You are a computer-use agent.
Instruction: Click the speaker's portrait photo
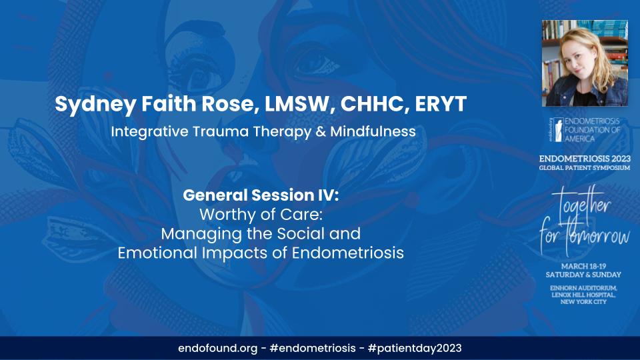[585, 63]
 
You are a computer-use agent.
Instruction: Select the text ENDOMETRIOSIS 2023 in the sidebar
[585, 159]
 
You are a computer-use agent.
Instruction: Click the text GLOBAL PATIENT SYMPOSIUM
[585, 168]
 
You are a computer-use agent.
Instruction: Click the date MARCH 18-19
[585, 265]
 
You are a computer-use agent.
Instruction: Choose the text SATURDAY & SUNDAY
[585, 274]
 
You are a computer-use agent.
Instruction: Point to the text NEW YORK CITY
[585, 303]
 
